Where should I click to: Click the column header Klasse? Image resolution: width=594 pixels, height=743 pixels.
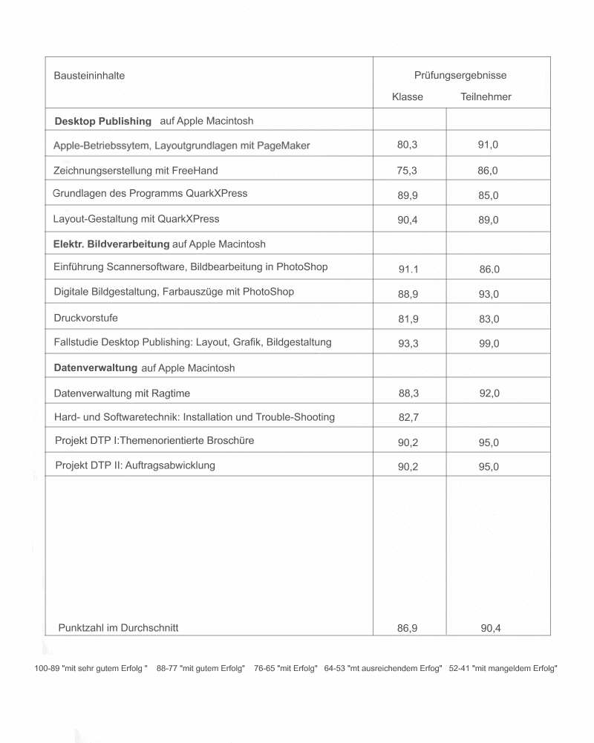click(x=408, y=97)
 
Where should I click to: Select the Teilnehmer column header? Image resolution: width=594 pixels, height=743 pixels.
click(x=486, y=97)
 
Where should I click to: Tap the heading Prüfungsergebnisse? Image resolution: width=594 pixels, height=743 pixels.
click(x=460, y=75)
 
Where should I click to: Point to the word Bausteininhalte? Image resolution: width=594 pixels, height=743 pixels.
click(x=89, y=76)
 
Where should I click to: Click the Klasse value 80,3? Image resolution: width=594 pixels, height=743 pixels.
click(x=407, y=145)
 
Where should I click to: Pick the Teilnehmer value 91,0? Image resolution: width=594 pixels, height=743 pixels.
click(x=488, y=145)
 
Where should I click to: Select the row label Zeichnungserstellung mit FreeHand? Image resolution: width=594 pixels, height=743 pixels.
click(x=136, y=171)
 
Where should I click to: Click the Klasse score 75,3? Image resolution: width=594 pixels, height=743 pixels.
click(x=407, y=171)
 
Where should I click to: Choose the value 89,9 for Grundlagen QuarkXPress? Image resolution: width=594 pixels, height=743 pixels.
click(x=408, y=196)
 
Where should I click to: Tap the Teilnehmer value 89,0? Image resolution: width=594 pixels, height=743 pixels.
click(x=488, y=220)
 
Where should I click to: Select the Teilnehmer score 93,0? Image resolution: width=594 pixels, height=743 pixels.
click(x=489, y=295)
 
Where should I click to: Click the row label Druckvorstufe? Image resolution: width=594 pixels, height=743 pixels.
click(x=86, y=318)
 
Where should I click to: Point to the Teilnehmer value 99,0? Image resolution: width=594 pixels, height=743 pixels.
click(x=489, y=344)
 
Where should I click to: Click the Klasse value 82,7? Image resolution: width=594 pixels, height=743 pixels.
click(x=408, y=418)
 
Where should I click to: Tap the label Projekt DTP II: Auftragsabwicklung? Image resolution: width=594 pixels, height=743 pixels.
click(x=135, y=465)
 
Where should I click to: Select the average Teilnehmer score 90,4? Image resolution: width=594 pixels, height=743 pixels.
click(x=490, y=629)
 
